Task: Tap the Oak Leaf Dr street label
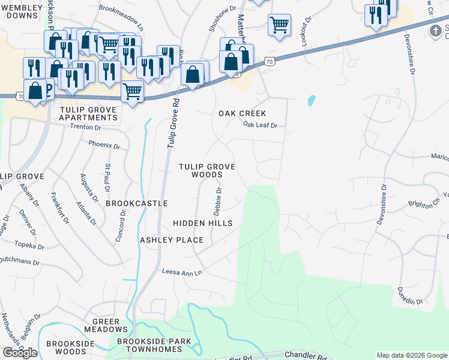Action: click(x=260, y=125)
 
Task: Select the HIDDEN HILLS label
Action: click(x=202, y=223)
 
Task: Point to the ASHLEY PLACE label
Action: click(x=172, y=240)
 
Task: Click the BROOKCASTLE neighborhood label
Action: click(x=136, y=203)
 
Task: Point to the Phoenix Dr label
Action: click(x=104, y=145)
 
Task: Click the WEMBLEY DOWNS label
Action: click(x=22, y=11)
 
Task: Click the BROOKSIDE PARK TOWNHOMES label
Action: click(x=154, y=346)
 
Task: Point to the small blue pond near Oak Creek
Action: click(x=311, y=100)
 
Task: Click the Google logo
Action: click(x=20, y=352)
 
